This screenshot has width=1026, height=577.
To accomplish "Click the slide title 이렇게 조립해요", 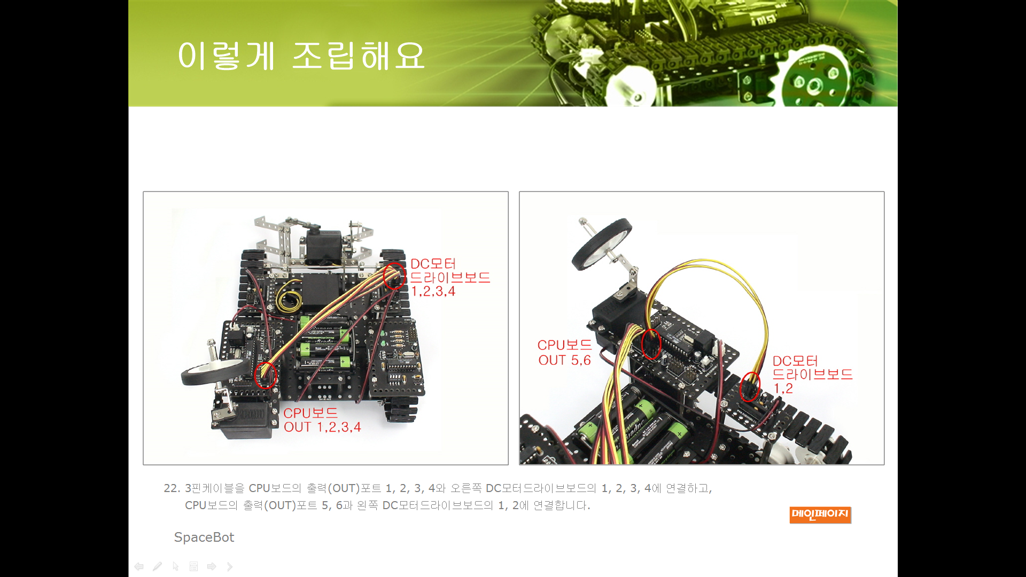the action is [301, 56].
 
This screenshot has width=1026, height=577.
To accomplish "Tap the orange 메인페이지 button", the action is [820, 514].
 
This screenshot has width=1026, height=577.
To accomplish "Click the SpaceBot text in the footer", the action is [204, 537].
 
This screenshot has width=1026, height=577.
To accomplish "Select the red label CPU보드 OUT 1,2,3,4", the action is [322, 420].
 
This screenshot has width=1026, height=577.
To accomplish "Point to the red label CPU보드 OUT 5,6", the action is [564, 353].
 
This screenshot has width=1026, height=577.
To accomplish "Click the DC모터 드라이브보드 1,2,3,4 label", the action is [450, 277].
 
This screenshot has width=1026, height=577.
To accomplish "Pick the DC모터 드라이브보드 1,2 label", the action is [812, 375].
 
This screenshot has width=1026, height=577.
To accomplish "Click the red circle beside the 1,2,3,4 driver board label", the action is [395, 276].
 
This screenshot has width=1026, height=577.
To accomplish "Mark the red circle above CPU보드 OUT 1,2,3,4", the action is [266, 375].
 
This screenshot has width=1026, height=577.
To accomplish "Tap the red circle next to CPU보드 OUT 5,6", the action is [651, 344].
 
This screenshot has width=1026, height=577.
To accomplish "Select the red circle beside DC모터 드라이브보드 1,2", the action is [750, 387].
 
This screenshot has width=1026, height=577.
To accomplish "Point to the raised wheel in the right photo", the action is [602, 244].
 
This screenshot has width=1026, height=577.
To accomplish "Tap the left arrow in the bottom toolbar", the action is [139, 566].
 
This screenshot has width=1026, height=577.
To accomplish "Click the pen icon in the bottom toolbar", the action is [157, 566].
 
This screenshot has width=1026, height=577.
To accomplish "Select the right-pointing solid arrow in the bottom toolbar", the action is [212, 566].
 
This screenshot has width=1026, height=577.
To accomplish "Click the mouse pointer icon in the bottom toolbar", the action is [175, 566].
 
